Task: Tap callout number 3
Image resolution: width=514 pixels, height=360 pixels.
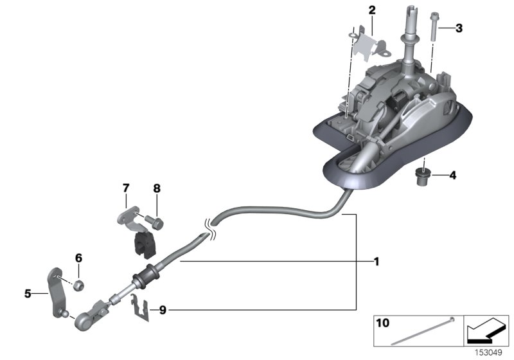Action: [x=458, y=28]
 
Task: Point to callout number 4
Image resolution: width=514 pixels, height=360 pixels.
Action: [x=452, y=174]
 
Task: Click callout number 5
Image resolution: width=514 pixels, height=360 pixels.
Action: [x=28, y=294]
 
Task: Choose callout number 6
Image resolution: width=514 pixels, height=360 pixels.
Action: [x=79, y=258]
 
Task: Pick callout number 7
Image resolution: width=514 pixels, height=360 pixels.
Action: [x=126, y=188]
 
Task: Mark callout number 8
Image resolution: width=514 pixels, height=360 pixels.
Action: [x=156, y=188]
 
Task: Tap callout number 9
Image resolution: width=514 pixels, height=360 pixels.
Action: [x=163, y=310]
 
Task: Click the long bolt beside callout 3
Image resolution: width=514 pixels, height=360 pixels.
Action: [x=436, y=26]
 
